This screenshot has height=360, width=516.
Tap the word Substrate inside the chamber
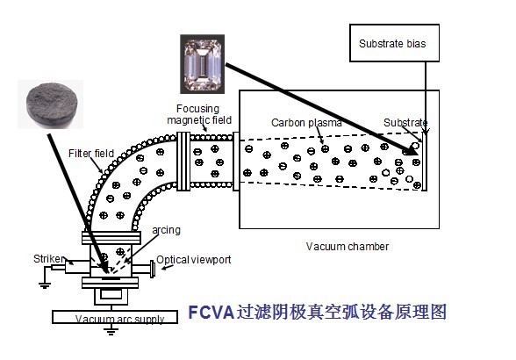coord(405,122)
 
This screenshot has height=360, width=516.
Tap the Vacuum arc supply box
coord(119,318)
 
